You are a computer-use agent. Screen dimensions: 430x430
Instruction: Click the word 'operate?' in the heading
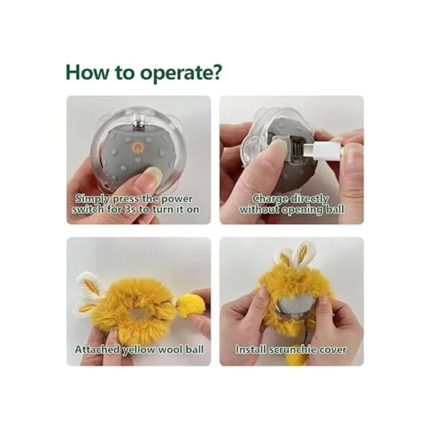181,73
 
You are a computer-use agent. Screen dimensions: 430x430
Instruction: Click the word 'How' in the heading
87,72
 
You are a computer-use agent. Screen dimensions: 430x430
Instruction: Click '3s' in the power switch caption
131,209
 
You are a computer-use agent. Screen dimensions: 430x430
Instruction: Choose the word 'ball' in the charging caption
335,209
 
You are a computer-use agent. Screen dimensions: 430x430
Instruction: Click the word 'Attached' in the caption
97,350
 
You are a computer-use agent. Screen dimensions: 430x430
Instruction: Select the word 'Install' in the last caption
252,350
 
